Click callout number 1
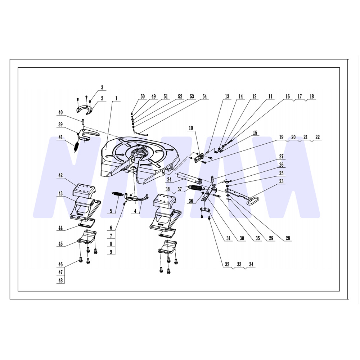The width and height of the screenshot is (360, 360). point(116,99)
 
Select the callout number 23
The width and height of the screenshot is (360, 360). point(281,181)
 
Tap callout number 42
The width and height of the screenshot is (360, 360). point(60,175)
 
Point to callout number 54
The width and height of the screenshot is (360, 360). point(204,96)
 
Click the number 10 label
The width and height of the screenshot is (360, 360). point(191,128)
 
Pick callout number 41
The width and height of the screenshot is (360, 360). point(60,137)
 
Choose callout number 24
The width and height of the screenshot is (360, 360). point(169,179)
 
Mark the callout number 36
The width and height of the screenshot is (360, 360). point(191,201)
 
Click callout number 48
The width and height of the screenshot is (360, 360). point(60,280)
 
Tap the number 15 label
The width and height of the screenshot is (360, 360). point(255,133)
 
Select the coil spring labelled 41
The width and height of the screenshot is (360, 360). point(76,147)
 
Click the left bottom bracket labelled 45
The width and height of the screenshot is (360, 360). point(87,237)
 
